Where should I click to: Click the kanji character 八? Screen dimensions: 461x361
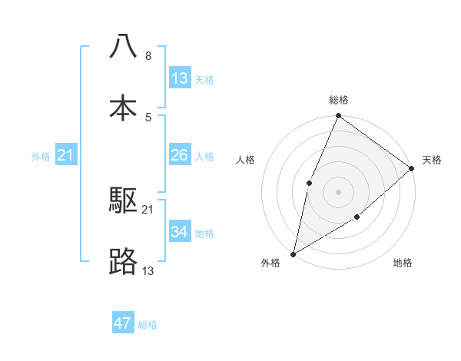[123, 48]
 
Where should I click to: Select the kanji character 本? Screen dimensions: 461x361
[123, 108]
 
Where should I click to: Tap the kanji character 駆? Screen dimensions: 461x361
[123, 201]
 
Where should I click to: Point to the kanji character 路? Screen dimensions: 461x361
[123, 262]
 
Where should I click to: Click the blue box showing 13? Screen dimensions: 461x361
[180, 78]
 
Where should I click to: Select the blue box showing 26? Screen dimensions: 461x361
[180, 155]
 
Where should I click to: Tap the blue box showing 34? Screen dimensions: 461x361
[180, 232]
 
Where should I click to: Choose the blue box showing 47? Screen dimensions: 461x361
[123, 323]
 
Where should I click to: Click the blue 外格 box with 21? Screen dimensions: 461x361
[66, 155]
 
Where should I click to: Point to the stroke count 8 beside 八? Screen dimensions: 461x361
[148, 56]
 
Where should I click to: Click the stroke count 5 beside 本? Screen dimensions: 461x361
[148, 117]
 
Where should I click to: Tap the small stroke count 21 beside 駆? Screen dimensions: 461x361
[148, 209]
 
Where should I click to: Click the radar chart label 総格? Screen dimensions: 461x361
[339, 100]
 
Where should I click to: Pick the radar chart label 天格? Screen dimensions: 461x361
[432, 160]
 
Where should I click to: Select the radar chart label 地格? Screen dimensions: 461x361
[403, 263]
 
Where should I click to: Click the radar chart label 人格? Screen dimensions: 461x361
[246, 160]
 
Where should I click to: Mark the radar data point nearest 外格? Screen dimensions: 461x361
[293, 253]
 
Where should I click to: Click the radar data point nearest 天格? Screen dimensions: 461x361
[412, 168]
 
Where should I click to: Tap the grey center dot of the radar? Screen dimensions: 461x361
[338, 192]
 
